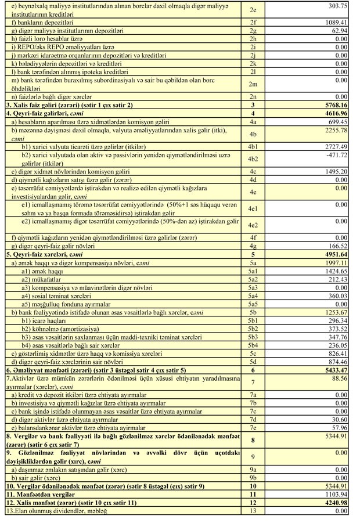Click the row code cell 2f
coord(253,21)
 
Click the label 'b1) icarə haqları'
coord(45,321)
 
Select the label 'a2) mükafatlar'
coord(46,279)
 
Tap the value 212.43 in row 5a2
coord(337,279)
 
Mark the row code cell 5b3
coord(253,337)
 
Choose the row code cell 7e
coord(253,427)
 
